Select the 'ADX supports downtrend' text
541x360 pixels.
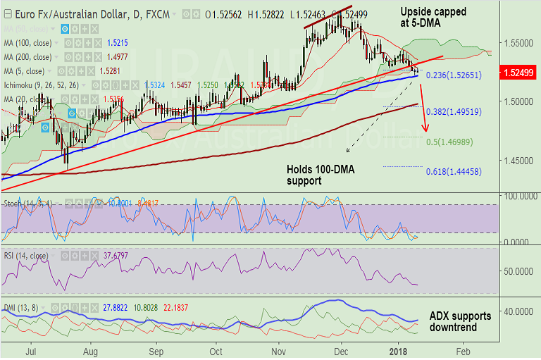[x=460, y=321]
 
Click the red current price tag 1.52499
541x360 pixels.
[x=518, y=73]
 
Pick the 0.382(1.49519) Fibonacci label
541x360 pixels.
[x=454, y=111]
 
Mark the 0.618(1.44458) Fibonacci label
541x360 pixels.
[x=454, y=171]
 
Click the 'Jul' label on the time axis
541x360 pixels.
[x=31, y=349]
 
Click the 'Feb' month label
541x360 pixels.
[x=462, y=349]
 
